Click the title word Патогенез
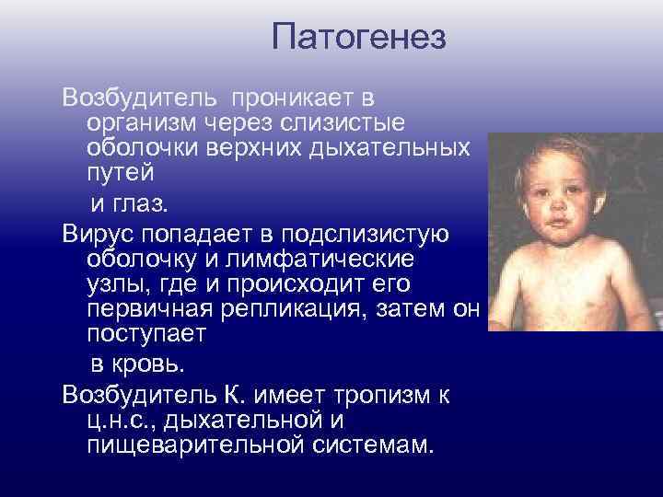[x=359, y=38]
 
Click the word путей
[x=120, y=172]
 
